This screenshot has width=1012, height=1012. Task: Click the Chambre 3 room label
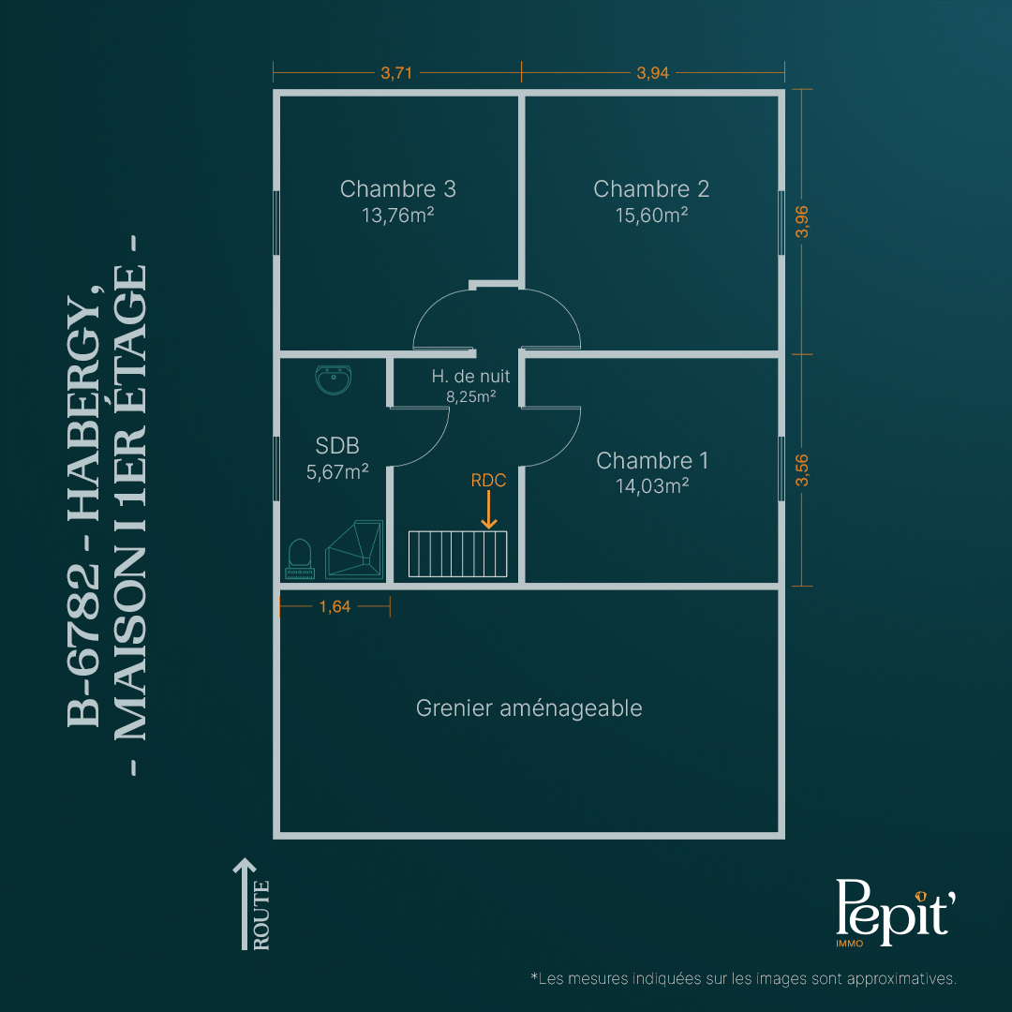point(397,188)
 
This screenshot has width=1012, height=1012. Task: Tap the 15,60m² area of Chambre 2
point(651,215)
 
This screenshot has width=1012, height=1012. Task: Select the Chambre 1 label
point(652,460)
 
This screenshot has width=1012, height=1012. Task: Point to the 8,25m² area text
point(470,396)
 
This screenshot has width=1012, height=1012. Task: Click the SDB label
point(337,445)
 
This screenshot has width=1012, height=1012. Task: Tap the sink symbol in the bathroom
point(333,379)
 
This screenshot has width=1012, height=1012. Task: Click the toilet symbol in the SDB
point(300,558)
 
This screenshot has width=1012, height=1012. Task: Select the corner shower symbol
point(354,548)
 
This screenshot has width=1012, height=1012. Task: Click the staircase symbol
point(457,554)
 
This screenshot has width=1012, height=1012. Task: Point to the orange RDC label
point(488,480)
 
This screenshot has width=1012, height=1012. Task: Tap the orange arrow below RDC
point(488,510)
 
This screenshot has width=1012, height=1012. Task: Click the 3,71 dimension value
point(396,73)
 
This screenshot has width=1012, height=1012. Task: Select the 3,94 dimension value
point(652,73)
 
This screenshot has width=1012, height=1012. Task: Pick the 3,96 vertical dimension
point(801,221)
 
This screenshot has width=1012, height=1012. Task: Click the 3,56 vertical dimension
point(801,469)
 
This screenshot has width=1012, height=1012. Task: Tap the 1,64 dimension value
point(335,606)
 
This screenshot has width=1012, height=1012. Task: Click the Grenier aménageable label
point(528,708)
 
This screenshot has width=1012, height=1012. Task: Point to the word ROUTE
point(260,915)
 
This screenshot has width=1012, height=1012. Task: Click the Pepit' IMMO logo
point(895,912)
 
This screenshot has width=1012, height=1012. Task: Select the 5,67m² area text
point(337,471)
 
